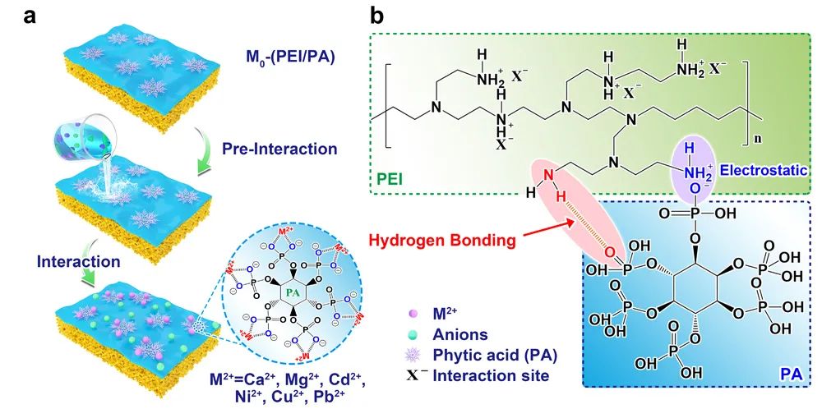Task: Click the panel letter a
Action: coord(16,15)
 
